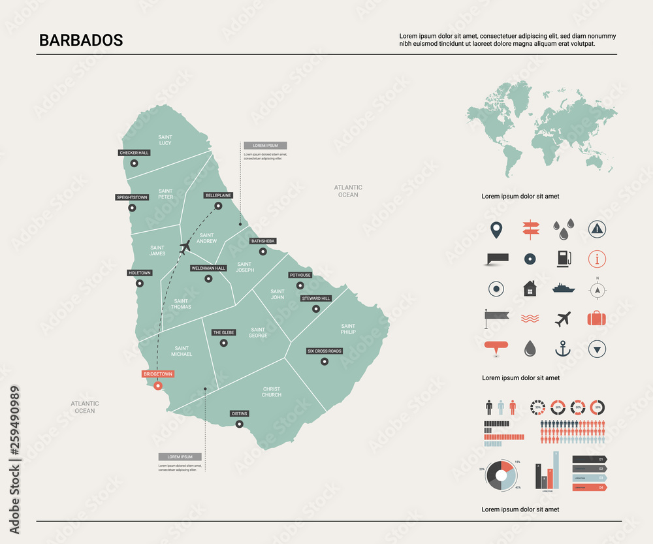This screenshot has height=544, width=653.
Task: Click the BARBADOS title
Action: point(81,40)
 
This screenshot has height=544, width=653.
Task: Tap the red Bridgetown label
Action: point(158,374)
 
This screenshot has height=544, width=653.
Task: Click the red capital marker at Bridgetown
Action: point(157,386)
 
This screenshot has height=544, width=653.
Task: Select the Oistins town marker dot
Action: point(239,424)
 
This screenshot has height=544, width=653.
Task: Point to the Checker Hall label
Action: point(134,153)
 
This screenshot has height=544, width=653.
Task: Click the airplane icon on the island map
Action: point(185,247)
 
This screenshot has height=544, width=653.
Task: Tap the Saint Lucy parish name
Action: point(165,140)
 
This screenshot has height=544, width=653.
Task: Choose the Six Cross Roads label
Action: point(325,351)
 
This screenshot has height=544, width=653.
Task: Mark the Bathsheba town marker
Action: point(263,251)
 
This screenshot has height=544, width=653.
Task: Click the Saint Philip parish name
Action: point(348,328)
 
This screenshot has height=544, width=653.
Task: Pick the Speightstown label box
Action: point(132,197)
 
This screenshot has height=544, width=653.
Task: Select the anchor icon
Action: point(562,349)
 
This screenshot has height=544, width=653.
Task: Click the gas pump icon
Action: point(562,259)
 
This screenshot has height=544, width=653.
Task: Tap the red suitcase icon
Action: point(597,319)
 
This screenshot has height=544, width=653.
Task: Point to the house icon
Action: point(530,288)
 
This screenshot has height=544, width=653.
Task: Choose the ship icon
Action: point(563,287)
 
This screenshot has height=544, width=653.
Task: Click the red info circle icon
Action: point(597,259)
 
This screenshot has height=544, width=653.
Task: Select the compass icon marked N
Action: point(596,288)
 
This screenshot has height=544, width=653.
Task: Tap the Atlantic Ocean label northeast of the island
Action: point(348,191)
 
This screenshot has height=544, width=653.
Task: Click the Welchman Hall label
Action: point(208,268)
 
